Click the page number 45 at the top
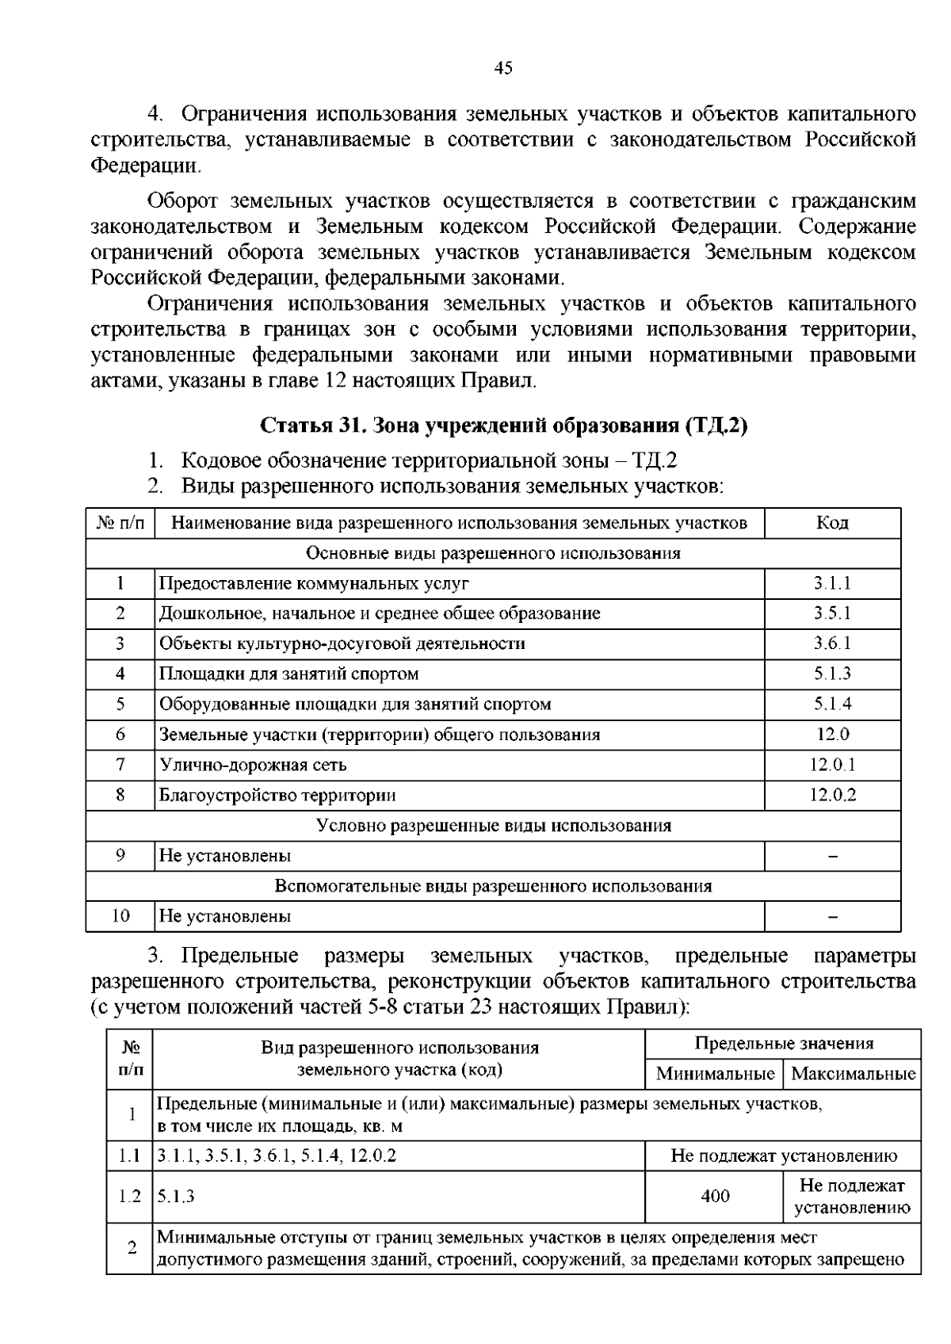(x=503, y=68)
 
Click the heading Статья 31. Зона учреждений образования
(x=504, y=426)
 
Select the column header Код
(x=832, y=523)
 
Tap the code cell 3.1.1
(x=832, y=583)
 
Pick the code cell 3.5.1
(x=832, y=613)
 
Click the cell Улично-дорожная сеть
(x=253, y=765)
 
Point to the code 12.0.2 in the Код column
(x=832, y=795)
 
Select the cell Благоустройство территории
(x=277, y=795)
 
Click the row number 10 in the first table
(x=120, y=916)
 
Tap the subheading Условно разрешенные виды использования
(x=493, y=826)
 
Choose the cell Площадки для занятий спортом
(x=288, y=674)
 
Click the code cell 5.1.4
(x=832, y=704)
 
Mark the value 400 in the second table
(x=715, y=1196)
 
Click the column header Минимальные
(x=715, y=1075)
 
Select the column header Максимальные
(x=853, y=1075)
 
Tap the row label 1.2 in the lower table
(x=129, y=1196)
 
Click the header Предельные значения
(x=784, y=1044)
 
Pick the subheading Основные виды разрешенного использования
(x=493, y=553)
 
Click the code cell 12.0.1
(x=832, y=765)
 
